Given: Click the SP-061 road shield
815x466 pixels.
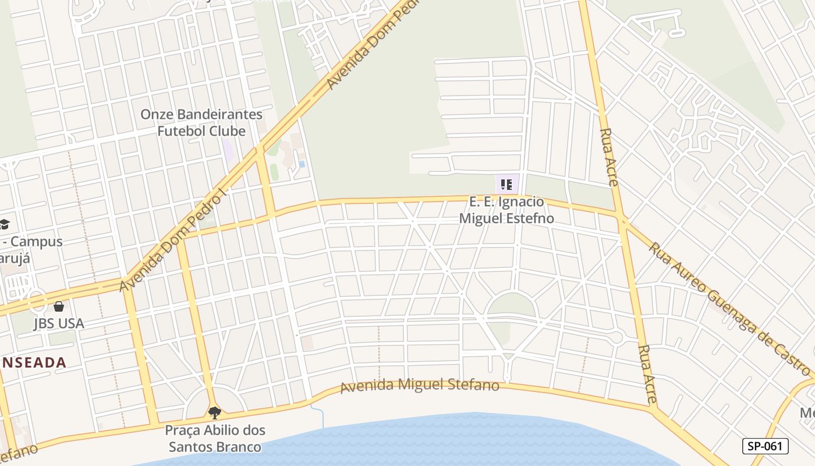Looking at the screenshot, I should [x=765, y=446].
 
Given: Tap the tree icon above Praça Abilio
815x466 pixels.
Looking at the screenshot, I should [x=215, y=413].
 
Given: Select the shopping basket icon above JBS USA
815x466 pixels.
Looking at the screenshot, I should [x=59, y=306].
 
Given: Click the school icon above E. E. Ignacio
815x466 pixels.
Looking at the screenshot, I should [x=506, y=185].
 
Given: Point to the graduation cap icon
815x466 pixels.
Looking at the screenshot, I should [x=5, y=224].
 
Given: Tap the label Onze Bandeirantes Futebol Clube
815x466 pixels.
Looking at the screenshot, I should [x=201, y=122].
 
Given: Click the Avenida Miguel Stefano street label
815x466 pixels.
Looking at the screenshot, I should [x=420, y=386].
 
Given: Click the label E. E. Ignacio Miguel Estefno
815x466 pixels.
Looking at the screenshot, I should [x=506, y=210].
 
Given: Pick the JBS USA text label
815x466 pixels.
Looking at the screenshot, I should [x=59, y=323].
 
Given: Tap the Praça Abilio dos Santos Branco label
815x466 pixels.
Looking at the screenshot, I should [x=215, y=439].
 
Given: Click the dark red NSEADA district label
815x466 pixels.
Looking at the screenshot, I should [x=33, y=362].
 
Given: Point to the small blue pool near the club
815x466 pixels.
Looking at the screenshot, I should [x=302, y=164].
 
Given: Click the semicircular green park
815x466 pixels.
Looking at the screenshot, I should [x=511, y=305].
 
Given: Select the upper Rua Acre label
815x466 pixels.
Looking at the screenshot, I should [x=609, y=157].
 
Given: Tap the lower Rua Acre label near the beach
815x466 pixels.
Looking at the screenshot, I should [x=647, y=374].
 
